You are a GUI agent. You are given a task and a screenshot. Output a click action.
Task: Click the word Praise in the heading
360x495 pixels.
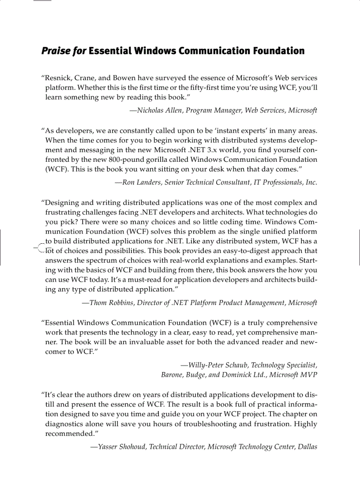tap(56, 51)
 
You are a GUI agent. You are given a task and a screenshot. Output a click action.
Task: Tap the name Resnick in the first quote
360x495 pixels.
tap(59, 78)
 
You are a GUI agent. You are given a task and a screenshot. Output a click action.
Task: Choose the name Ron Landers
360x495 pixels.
tap(141, 182)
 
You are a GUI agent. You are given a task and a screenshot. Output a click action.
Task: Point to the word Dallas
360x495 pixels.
tap(307, 447)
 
